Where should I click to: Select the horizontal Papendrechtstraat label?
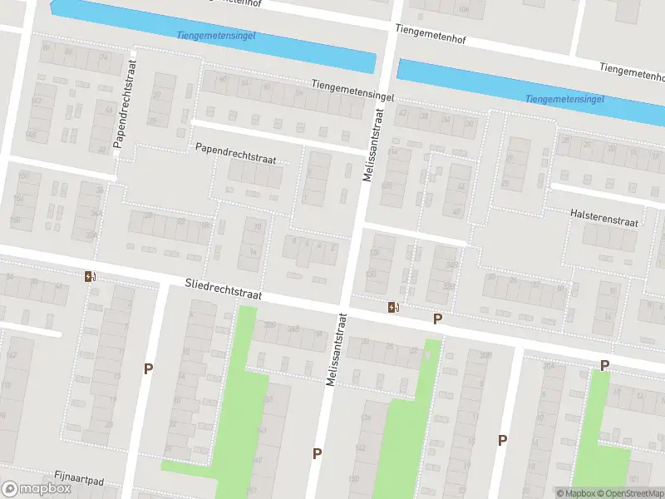235,152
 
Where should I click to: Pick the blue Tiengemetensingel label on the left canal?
216,36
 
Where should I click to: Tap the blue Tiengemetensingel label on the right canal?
564,99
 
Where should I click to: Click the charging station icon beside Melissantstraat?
392,307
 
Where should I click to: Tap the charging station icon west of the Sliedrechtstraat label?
89,276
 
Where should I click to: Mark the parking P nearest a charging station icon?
437,319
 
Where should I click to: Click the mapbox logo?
37,488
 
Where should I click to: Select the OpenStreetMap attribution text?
633,493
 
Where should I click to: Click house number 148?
31,135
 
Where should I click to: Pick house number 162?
11,355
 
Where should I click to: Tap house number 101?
634,479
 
